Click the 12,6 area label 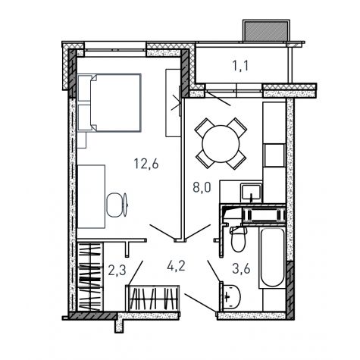(x=146, y=164)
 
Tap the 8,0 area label (x=202, y=187)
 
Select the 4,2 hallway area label (x=176, y=266)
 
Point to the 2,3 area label (x=117, y=270)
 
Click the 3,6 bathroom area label (x=241, y=268)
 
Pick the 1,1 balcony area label (x=240, y=65)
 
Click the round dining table (x=221, y=143)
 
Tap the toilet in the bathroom (x=238, y=239)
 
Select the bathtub (x=272, y=258)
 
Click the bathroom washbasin (x=230, y=297)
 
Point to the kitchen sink (x=251, y=193)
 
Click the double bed (x=109, y=103)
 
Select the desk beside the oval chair (x=91, y=197)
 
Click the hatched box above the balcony (x=266, y=30)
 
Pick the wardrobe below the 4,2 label (x=152, y=299)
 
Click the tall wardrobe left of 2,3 (x=90, y=277)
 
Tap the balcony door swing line (x=218, y=99)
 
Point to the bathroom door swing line (x=214, y=271)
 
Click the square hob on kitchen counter (x=274, y=155)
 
